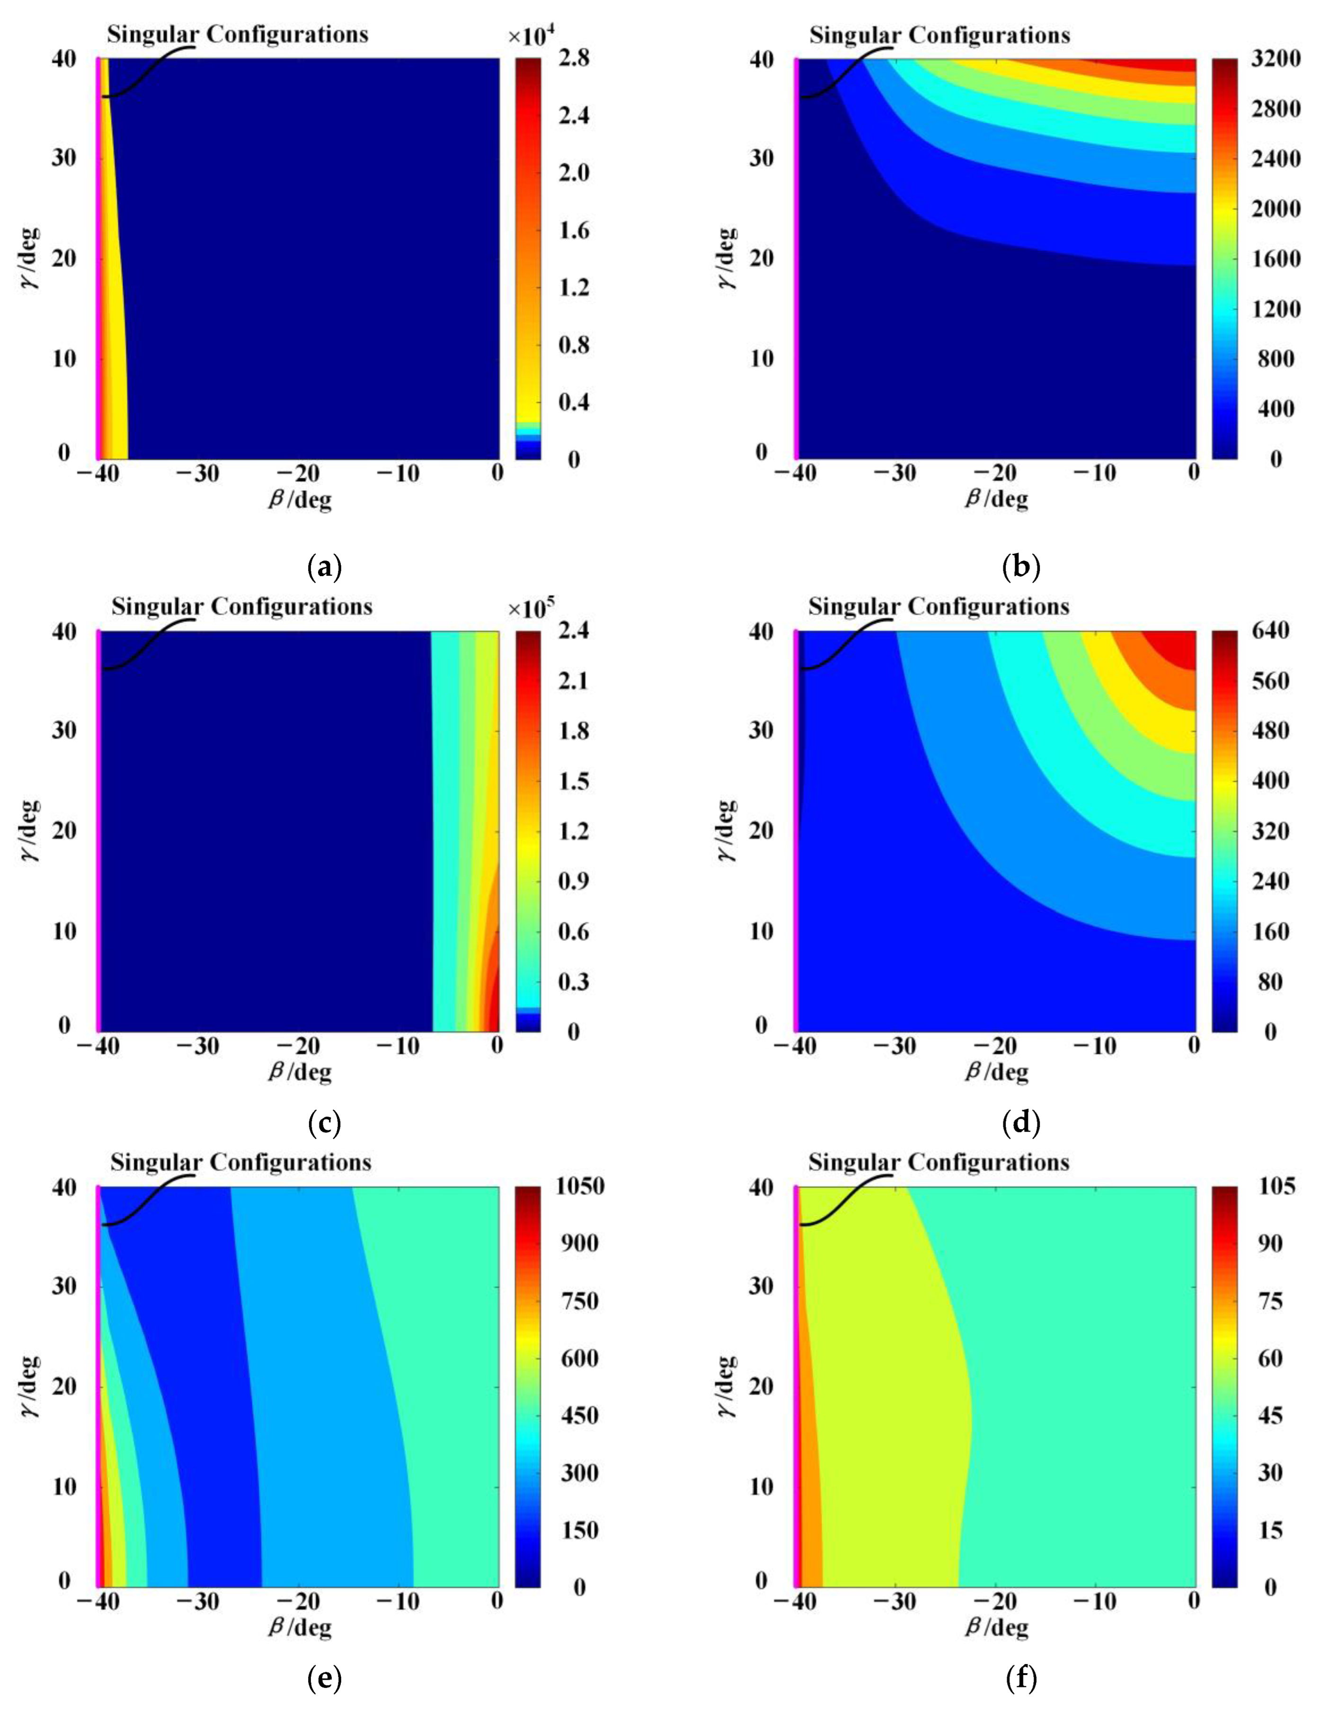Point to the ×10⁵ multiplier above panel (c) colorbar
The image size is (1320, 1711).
(x=531, y=607)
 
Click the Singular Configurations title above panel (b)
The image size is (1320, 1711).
(x=939, y=35)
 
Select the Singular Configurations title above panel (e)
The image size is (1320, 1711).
(x=240, y=1162)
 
